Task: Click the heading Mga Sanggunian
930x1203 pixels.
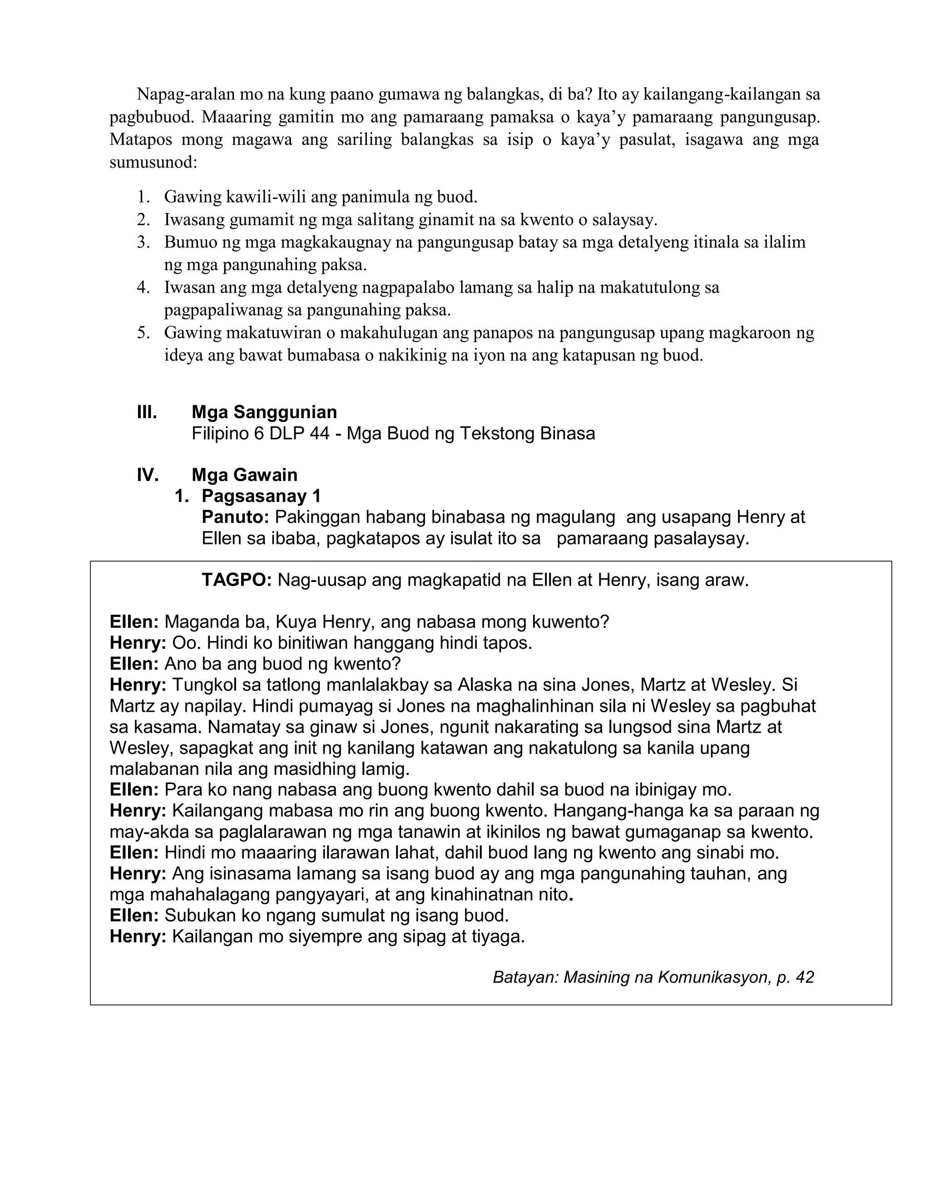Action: coord(264,412)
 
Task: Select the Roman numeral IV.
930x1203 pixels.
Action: coord(148,475)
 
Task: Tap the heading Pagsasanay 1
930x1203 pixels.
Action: coord(261,496)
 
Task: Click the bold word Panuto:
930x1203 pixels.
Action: coord(235,517)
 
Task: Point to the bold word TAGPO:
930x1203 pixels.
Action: coord(236,580)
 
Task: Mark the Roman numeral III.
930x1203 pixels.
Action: coord(147,412)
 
